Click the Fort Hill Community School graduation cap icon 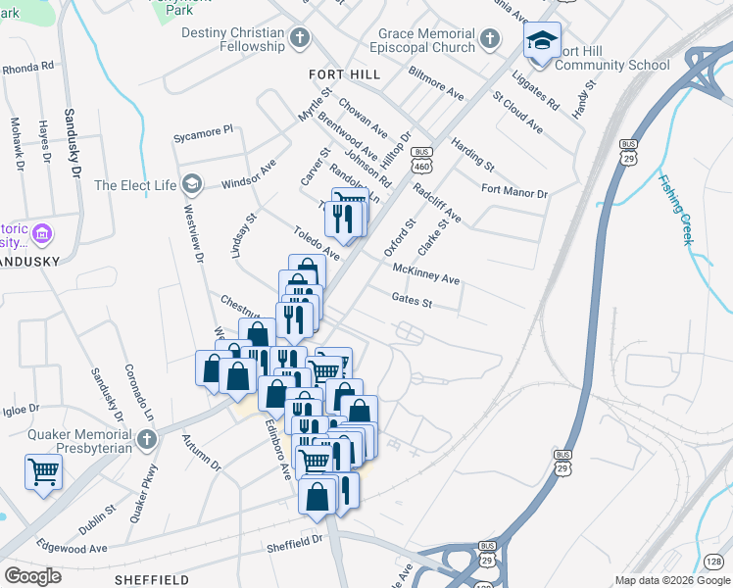(540, 40)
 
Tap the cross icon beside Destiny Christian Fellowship (300, 39)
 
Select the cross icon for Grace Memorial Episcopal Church (490, 39)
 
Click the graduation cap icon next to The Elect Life (192, 184)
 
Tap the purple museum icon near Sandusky (41, 235)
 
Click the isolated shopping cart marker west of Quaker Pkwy (43, 471)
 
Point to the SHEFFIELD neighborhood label (151, 580)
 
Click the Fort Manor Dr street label (514, 191)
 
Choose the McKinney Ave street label (425, 273)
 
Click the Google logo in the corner (32, 575)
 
